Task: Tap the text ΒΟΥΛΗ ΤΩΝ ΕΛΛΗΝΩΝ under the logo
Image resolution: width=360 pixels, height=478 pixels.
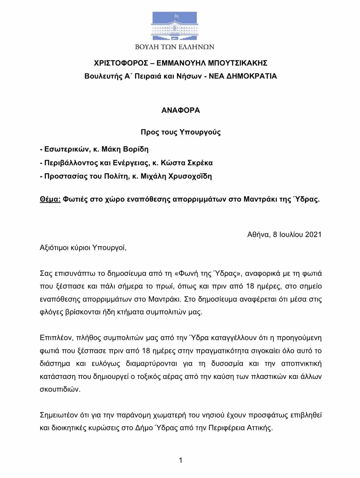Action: click(x=175, y=47)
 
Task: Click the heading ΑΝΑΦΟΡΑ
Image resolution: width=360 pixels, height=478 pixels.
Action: click(x=180, y=111)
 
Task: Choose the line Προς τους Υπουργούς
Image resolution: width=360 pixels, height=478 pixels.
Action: click(x=180, y=132)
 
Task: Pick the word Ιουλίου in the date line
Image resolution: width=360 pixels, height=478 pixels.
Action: click(x=290, y=234)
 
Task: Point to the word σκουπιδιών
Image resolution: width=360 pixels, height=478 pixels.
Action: click(x=60, y=389)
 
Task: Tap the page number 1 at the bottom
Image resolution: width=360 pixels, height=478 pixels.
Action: click(x=180, y=460)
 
